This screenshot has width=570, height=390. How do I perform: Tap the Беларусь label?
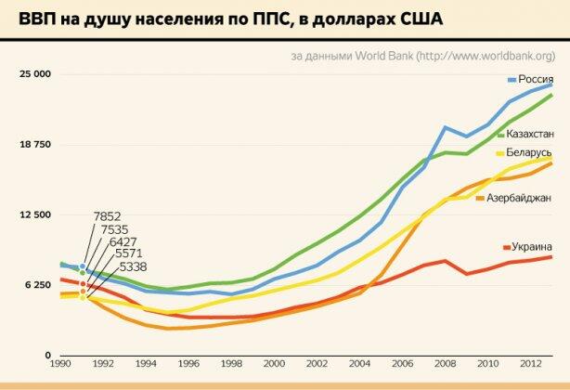(530, 152)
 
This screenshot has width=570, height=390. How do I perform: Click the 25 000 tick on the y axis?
(36, 73)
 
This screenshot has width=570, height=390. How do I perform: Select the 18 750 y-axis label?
(36, 144)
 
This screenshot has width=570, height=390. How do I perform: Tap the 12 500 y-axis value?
(36, 215)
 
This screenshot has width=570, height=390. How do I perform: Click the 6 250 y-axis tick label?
(38, 286)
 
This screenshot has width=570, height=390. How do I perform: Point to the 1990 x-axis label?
(61, 365)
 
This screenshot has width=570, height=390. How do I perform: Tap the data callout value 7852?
(107, 216)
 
